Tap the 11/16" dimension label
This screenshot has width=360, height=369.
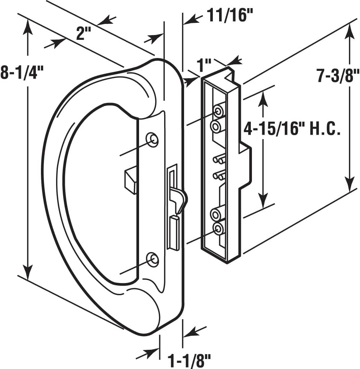226,17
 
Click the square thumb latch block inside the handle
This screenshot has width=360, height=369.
130,180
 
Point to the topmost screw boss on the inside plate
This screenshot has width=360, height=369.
218,111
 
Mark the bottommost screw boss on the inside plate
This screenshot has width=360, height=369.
218,229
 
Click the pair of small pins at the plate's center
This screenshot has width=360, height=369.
218,168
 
